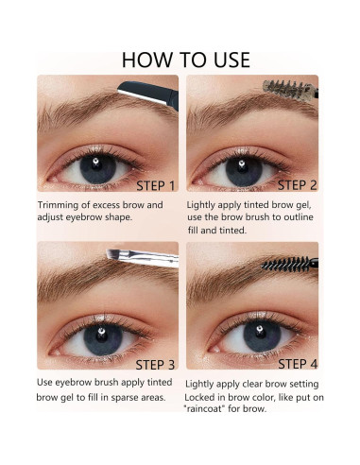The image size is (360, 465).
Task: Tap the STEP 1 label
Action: (156, 185)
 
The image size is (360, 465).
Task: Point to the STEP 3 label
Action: (156, 364)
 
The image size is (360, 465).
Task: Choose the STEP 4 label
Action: (304, 364)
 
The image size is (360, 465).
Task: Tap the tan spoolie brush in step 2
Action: (289, 88)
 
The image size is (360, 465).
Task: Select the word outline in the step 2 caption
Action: (300, 217)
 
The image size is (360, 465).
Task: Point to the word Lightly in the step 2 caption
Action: (206, 205)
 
